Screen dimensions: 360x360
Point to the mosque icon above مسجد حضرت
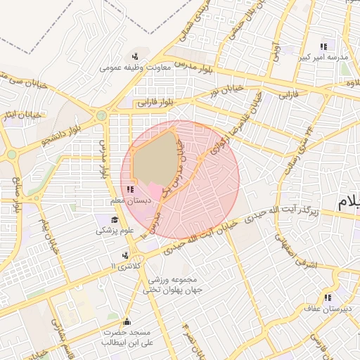click(x=127, y=322)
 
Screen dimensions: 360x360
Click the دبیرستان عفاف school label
click(x=324, y=307)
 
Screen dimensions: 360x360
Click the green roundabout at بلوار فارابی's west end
click(x=102, y=115)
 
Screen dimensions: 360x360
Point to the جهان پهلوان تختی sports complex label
click(x=175, y=289)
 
